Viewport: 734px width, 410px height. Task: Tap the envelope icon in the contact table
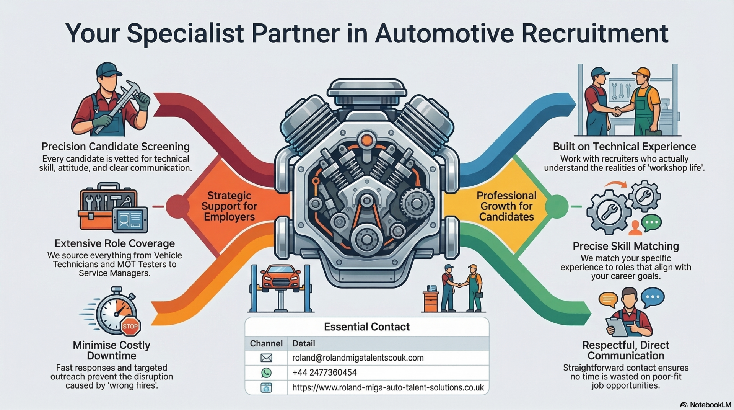[x=266, y=358]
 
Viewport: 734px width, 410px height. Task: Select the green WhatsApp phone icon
[x=266, y=372]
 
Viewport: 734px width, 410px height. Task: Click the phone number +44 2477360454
[x=324, y=372]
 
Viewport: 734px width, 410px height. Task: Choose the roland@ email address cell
[x=358, y=358]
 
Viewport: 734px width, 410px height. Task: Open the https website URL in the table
[x=388, y=387]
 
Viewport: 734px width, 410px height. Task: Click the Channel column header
[x=266, y=343]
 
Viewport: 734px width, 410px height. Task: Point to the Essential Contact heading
[x=366, y=327]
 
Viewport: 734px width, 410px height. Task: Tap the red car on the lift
[x=281, y=279]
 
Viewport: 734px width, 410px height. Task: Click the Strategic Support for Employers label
[x=229, y=206]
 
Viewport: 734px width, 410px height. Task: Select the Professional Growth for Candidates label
[x=506, y=206]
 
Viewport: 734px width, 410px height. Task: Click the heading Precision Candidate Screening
[x=116, y=147]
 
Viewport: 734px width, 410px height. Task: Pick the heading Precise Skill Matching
[x=625, y=246]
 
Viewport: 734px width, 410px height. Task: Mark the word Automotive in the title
[x=445, y=33]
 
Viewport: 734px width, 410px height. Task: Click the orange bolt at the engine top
[x=367, y=140]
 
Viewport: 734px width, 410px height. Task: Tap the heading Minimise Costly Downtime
[x=111, y=350]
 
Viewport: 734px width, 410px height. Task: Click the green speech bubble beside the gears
[x=651, y=223]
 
